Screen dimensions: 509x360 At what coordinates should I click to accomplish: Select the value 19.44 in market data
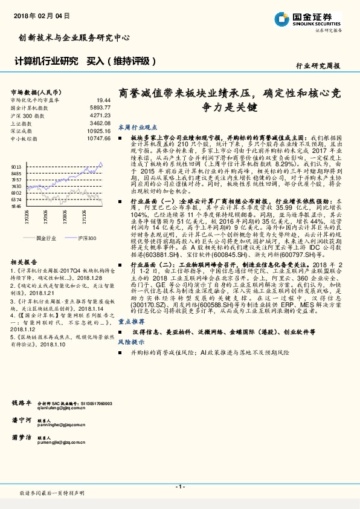103,100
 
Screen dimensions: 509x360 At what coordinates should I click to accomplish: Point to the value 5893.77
100,108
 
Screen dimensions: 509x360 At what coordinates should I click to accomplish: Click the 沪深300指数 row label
25,115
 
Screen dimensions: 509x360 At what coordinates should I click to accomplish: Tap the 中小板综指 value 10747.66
98,138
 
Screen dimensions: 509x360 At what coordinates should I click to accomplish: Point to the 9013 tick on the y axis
16,166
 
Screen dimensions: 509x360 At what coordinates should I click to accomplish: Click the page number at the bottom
180,487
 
